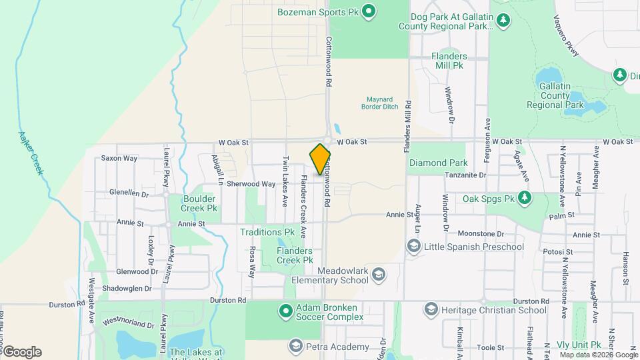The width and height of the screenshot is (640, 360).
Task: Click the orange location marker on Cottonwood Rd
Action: point(321,159)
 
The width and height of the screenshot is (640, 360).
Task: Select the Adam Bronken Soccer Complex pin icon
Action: point(285,311)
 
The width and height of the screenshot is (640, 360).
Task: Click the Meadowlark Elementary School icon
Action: point(379,275)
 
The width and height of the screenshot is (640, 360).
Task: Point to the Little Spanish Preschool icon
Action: point(413,247)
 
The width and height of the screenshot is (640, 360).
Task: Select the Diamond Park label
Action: point(438,163)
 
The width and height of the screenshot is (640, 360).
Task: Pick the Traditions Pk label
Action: point(267,232)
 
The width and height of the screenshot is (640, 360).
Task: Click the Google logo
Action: point(22,352)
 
